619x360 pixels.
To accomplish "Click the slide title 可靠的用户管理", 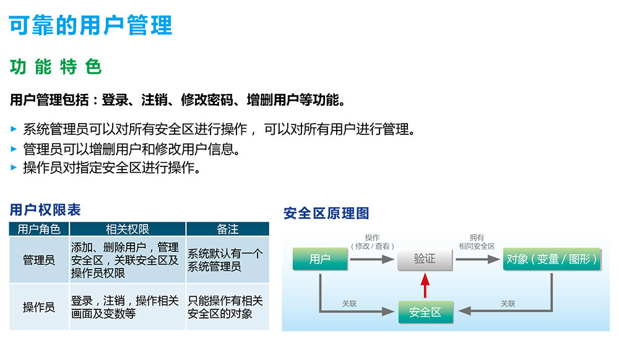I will (x=90, y=25).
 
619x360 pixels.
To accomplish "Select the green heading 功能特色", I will (x=56, y=67).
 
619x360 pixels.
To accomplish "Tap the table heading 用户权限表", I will (x=45, y=210).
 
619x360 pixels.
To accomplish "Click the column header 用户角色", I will (x=39, y=229).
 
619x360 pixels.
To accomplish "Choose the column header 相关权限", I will (x=128, y=229).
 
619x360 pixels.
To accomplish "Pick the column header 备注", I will (x=227, y=229).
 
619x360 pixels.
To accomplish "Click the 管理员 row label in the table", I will (x=39, y=260).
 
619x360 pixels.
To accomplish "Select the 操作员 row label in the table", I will (x=39, y=307).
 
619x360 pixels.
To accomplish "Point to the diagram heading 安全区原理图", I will (x=326, y=213).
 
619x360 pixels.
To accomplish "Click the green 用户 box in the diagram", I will (x=320, y=259).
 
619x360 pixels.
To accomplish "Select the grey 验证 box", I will (x=425, y=259).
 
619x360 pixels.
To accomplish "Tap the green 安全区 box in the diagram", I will (x=425, y=312).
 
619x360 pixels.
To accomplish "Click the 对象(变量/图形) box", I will (x=552, y=259).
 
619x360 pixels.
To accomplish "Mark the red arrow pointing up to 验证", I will (x=425, y=287).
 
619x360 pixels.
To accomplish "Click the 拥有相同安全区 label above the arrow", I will (x=477, y=242).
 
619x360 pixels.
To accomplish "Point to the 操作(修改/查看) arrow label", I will (x=372, y=242).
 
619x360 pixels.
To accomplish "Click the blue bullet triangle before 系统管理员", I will (x=14, y=129).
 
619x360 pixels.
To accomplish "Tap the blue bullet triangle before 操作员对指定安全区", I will (x=14, y=168).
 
